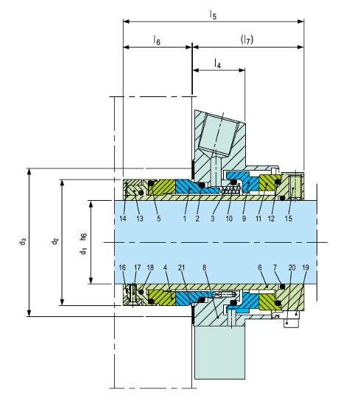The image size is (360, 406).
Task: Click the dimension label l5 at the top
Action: point(213,15)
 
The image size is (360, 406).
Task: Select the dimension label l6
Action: point(157,40)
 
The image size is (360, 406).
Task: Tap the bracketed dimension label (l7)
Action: point(247,40)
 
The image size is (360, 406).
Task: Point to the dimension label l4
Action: point(217,63)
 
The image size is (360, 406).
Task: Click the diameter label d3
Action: point(23,241)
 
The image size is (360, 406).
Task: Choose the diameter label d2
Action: point(55,241)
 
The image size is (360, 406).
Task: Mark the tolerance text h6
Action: point(83,237)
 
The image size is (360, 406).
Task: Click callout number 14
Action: point(123,218)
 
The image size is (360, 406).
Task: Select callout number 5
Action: point(159,218)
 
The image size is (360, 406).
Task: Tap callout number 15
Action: point(288,218)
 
